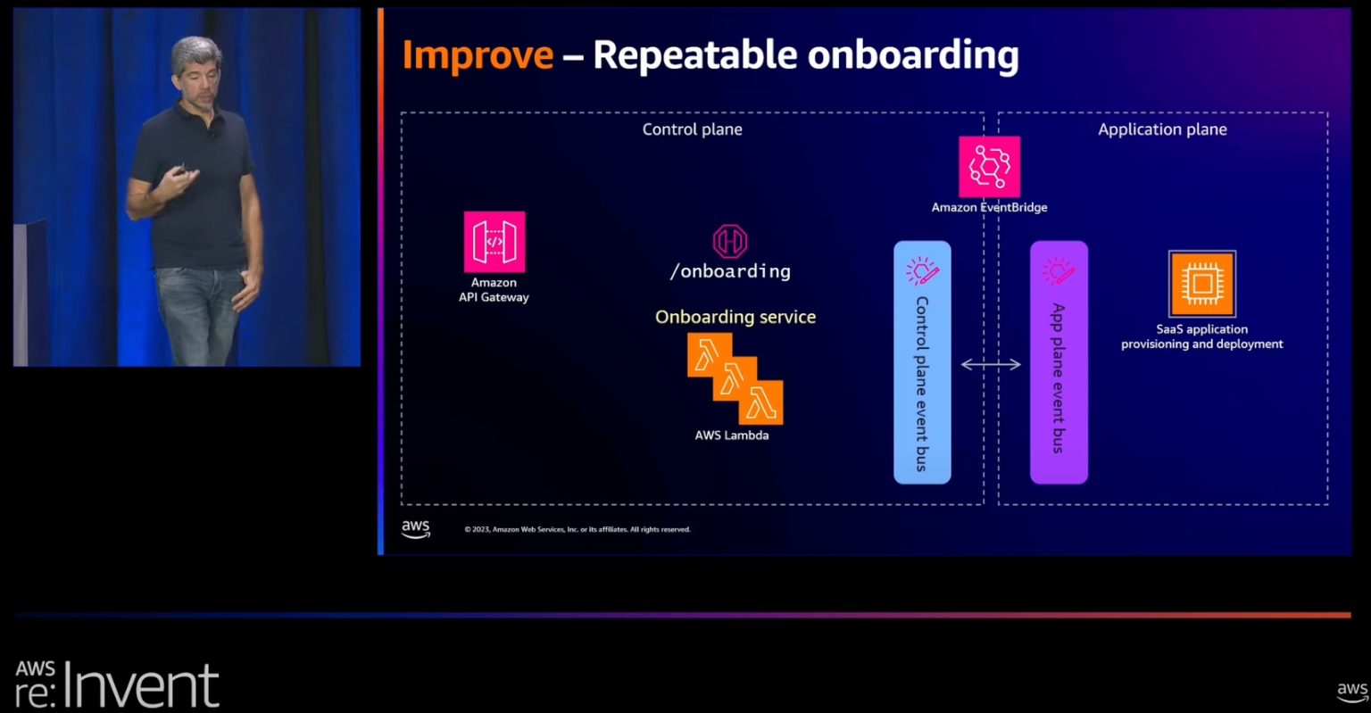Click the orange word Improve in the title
pyautogui.click(x=478, y=55)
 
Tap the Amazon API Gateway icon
pyautogui.click(x=494, y=242)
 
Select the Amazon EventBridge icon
pyautogui.click(x=989, y=167)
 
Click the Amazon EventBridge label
pyautogui.click(x=989, y=207)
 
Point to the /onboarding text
pyautogui.click(x=730, y=271)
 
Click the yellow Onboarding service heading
pyautogui.click(x=735, y=317)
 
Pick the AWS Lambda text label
pyautogui.click(x=731, y=435)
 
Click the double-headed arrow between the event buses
pyautogui.click(x=991, y=364)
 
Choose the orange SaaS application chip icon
pyautogui.click(x=1201, y=284)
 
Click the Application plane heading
pyautogui.click(x=1162, y=129)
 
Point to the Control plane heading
pyautogui.click(x=692, y=129)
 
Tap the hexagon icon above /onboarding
pyautogui.click(x=729, y=241)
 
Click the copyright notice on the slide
pyautogui.click(x=577, y=529)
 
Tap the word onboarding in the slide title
pyautogui.click(x=912, y=55)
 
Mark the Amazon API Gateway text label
pyautogui.click(x=494, y=290)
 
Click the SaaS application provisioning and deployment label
pyautogui.click(x=1201, y=336)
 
